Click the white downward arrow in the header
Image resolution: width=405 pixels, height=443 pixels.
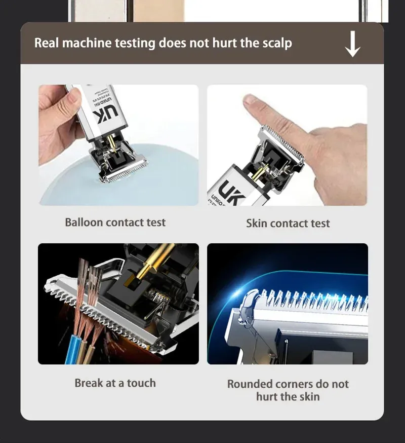click(352, 44)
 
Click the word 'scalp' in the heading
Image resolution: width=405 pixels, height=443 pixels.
click(277, 44)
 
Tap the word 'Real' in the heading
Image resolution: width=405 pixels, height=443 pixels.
click(46, 43)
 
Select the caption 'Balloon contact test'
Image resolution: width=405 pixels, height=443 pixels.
click(115, 223)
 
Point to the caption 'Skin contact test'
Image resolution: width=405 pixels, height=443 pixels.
click(288, 223)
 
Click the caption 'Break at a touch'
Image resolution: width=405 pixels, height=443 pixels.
click(115, 383)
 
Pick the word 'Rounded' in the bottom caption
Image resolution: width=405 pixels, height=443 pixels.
click(250, 384)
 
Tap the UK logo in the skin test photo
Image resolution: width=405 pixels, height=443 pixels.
click(231, 193)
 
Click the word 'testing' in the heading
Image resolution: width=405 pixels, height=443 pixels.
click(135, 44)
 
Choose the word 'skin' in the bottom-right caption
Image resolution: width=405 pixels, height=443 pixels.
click(310, 397)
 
